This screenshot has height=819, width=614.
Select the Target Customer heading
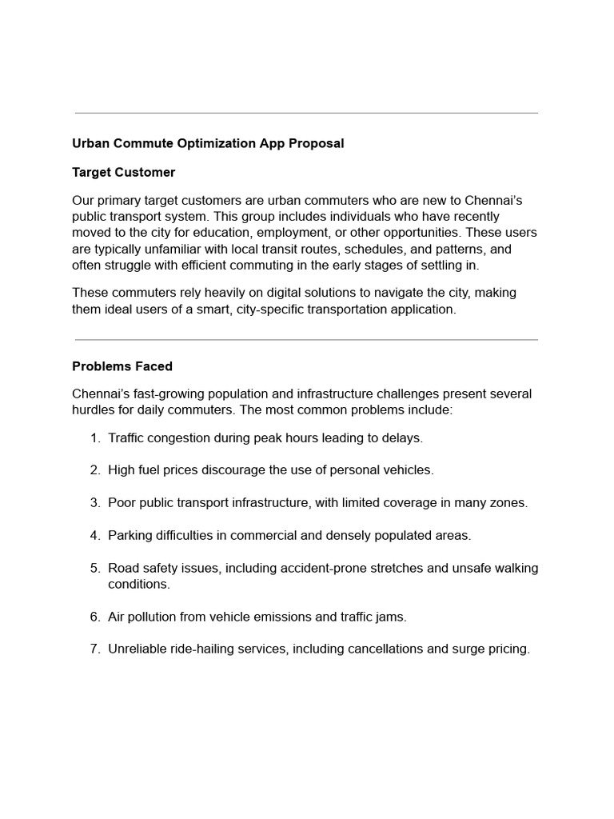(123, 172)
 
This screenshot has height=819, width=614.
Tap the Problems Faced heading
(122, 366)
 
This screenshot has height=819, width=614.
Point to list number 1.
(95, 437)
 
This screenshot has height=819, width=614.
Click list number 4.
(95, 535)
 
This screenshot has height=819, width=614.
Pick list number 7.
(95, 649)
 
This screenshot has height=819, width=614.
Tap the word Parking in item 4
(130, 535)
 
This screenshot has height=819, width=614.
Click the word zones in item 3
(508, 502)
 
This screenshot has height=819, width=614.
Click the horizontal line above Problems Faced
(306, 340)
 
